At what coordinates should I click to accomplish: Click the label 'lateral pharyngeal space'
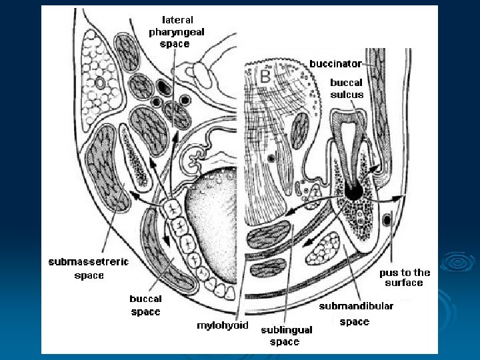point(177,31)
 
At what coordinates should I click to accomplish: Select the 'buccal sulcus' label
point(347,89)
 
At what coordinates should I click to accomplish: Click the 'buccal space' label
point(145,305)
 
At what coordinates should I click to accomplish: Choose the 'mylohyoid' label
point(222,326)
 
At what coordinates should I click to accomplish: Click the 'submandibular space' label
point(356,314)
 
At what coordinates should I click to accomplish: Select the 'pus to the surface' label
point(405,277)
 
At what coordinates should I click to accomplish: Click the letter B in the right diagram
point(265,77)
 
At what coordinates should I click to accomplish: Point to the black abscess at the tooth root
point(354,191)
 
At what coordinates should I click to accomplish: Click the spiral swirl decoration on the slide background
point(459,261)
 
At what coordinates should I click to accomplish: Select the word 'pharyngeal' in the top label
point(177,31)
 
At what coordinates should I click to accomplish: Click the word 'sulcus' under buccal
point(347,95)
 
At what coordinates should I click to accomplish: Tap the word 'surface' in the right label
point(404,283)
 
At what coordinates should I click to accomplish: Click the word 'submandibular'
point(356,306)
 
